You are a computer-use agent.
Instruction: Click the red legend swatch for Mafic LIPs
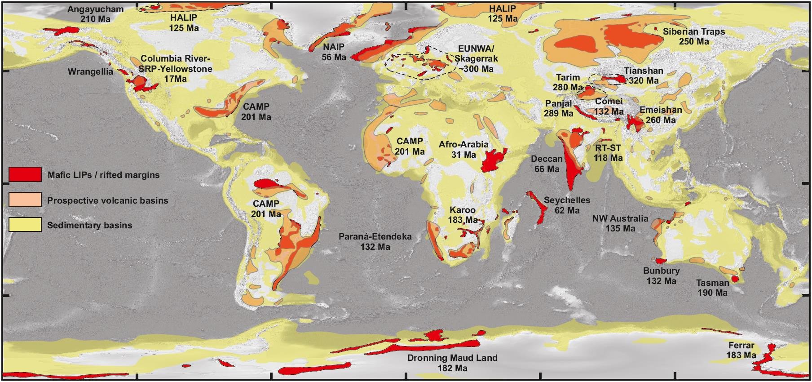25,174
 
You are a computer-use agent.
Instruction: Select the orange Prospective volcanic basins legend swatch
25,200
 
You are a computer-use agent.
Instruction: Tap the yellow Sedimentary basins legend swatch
25,225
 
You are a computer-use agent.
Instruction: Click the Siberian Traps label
693,36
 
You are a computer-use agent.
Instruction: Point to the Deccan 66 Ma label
547,164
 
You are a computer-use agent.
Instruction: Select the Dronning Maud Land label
452,363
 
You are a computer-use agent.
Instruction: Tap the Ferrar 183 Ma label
741,350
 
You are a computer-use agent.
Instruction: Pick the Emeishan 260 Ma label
660,115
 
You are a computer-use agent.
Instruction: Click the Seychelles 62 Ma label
567,205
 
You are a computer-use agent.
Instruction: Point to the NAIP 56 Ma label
334,52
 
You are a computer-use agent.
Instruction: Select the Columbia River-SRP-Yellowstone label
175,69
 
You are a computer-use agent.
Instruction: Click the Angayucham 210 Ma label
95,14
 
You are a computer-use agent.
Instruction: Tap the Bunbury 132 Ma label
661,275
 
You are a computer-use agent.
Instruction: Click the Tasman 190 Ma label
712,288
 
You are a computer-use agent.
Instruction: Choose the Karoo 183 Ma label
463,215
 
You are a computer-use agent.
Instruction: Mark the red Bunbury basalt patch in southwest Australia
660,261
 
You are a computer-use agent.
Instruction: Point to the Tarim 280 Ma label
568,82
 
